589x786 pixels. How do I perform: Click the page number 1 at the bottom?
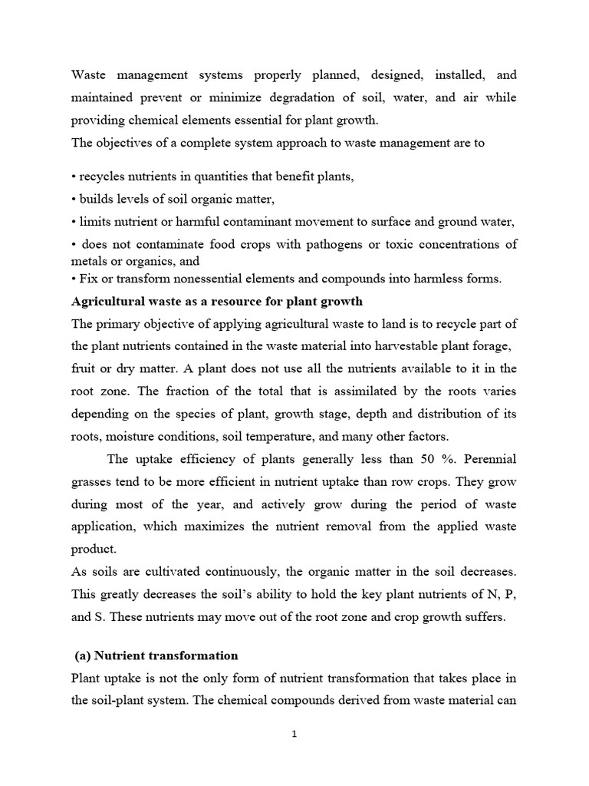point(294,734)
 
